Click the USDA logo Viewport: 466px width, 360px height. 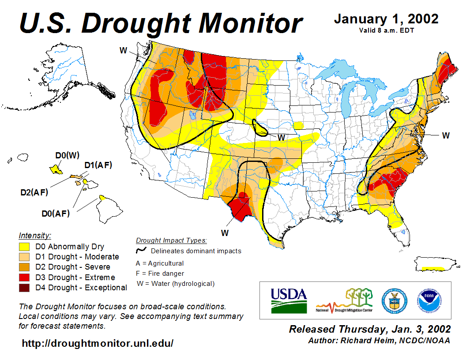[289, 300]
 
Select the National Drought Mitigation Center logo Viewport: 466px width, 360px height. [344, 300]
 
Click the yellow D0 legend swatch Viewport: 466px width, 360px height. [24, 247]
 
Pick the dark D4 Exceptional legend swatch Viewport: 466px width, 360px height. [24, 288]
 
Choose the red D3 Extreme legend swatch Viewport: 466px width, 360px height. [24, 277]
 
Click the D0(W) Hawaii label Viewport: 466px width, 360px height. [67, 155]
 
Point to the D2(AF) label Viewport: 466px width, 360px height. [34, 192]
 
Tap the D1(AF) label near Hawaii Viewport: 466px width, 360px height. [98, 165]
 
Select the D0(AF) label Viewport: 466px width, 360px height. [56, 214]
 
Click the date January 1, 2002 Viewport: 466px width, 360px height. [386, 19]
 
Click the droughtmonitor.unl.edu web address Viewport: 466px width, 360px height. [98, 343]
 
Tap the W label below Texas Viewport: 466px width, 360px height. [225, 232]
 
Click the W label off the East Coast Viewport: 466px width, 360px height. [446, 135]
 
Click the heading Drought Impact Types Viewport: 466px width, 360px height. [171, 240]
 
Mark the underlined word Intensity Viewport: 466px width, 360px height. [35, 235]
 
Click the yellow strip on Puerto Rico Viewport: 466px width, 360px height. [433, 268]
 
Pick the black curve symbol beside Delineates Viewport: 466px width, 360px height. [141, 250]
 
